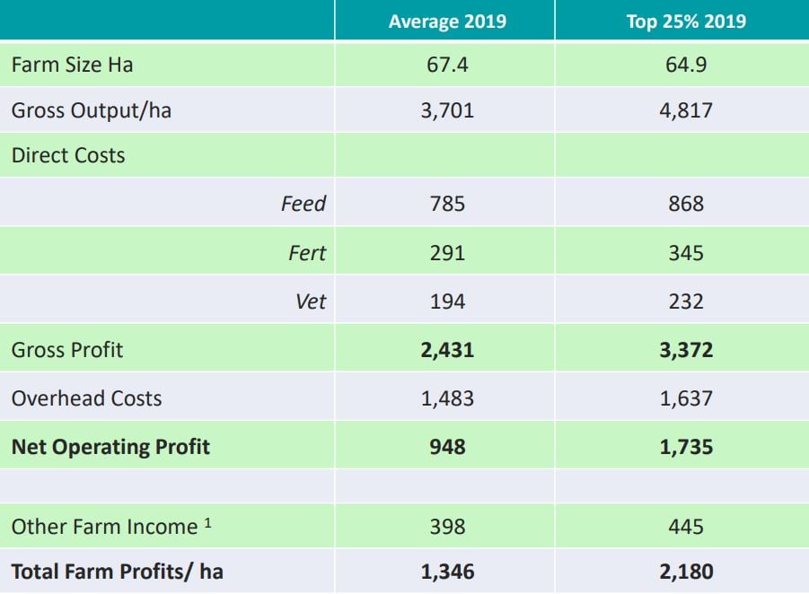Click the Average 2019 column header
(446, 22)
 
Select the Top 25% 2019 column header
(685, 22)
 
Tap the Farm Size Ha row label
(72, 65)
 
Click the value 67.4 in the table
(446, 65)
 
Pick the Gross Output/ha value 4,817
(685, 111)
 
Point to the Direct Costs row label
(67, 155)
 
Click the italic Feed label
(303, 204)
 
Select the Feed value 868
(685, 204)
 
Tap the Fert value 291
(446, 253)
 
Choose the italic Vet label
(311, 301)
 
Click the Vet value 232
(685, 301)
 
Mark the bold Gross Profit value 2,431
(446, 350)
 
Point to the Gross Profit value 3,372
(685, 350)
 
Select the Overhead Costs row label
(86, 398)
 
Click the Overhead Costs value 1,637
(685, 398)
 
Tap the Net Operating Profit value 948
(446, 446)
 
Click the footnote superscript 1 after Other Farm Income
(207, 522)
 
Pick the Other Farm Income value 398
(446, 527)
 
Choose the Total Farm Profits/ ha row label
(117, 572)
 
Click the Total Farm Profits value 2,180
(685, 572)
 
